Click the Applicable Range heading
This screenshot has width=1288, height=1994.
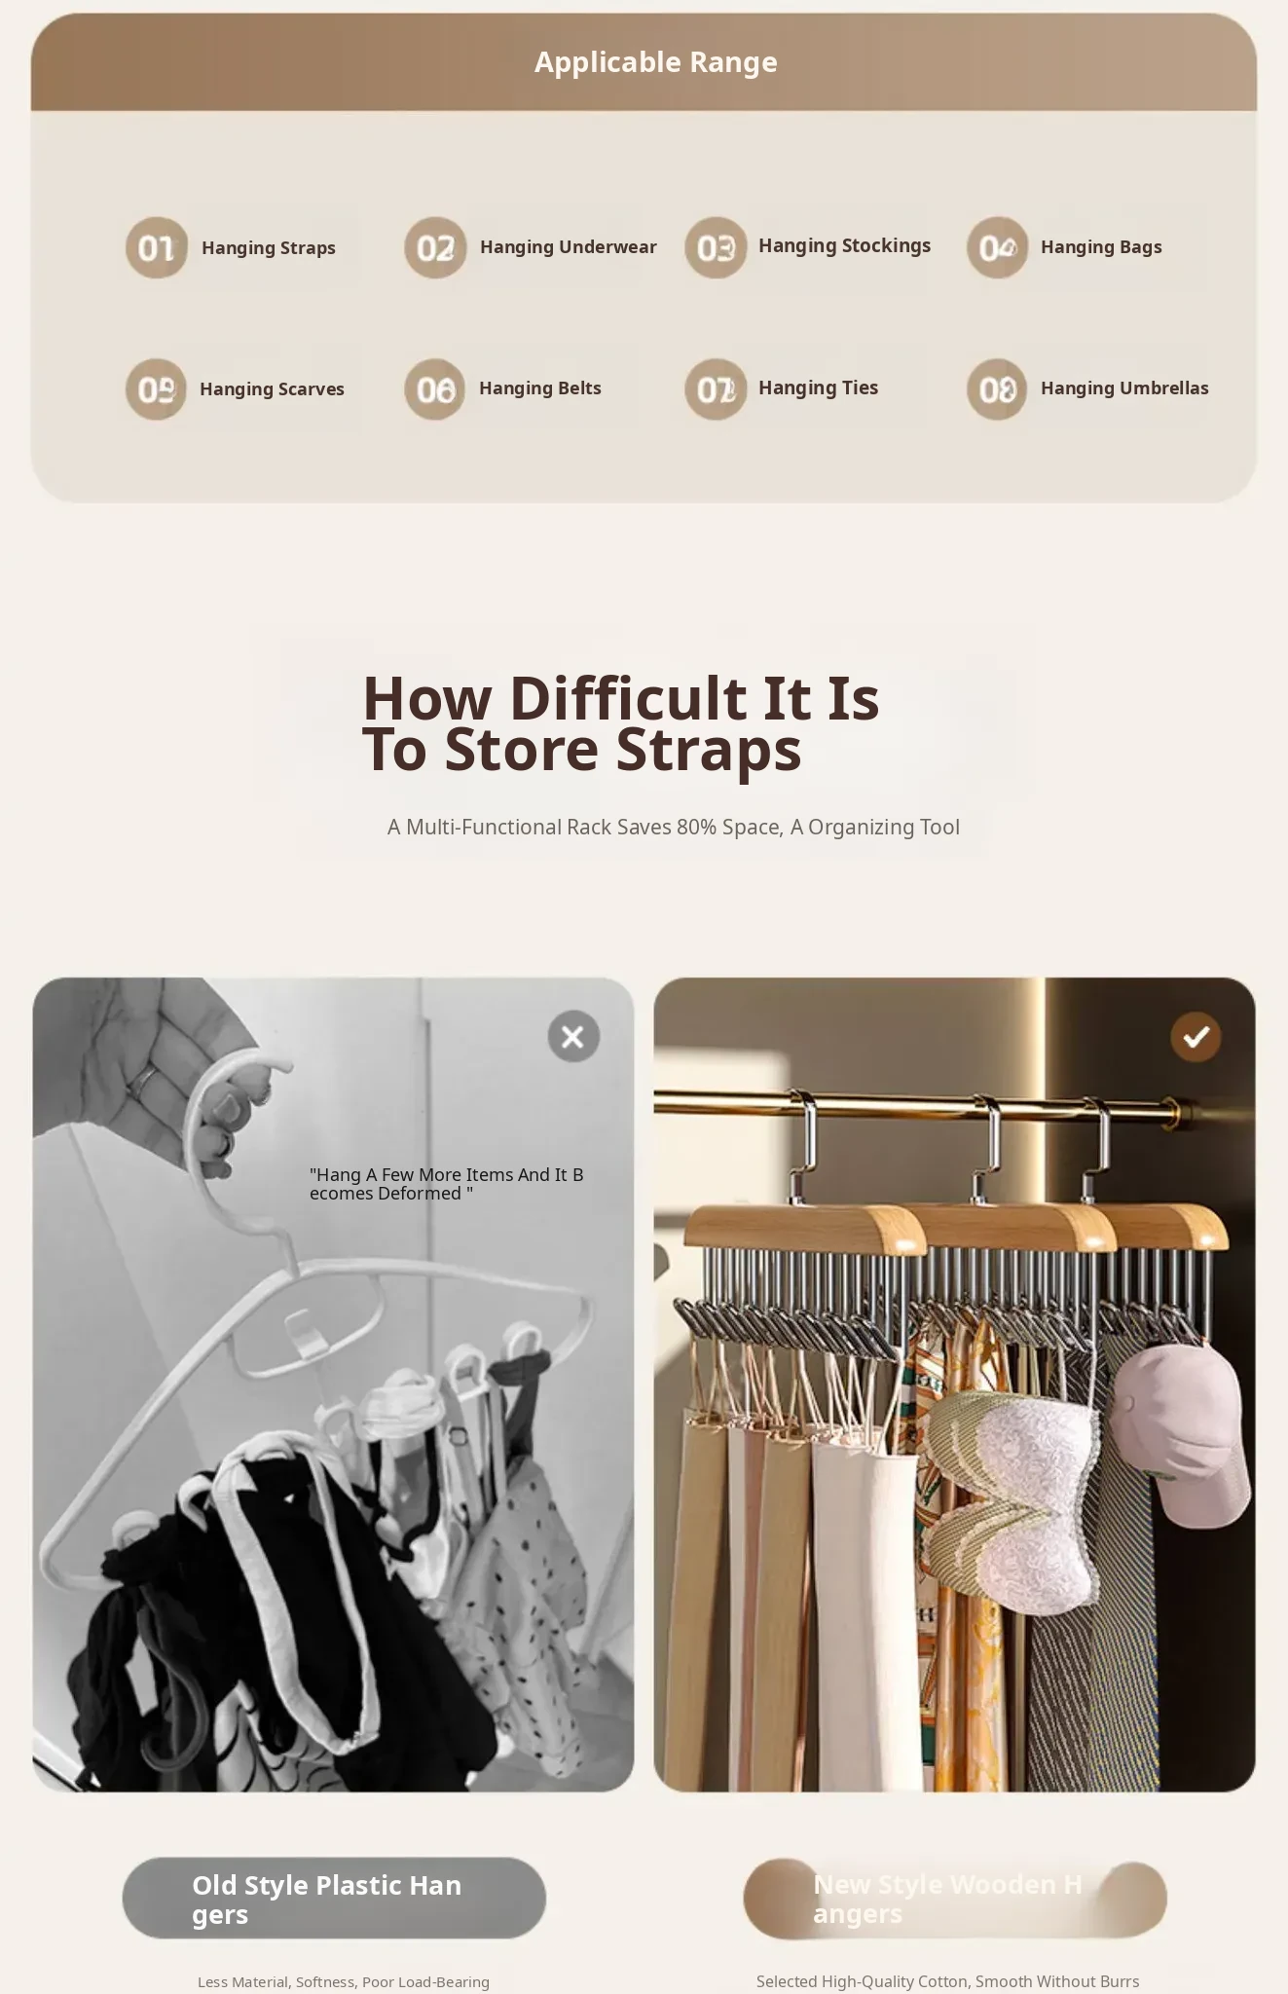tap(655, 62)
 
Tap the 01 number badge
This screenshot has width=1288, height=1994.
tap(157, 247)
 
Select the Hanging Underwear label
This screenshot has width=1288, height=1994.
tap(568, 247)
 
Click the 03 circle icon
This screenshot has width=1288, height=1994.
tap(716, 247)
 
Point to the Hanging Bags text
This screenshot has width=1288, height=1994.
tap(1101, 247)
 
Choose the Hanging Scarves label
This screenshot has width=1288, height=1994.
tap(272, 389)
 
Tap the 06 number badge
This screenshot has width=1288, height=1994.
tap(435, 389)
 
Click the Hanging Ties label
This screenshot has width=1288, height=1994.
tap(818, 388)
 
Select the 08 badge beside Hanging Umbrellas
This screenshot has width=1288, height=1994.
tap(997, 389)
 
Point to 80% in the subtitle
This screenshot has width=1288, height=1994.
tap(696, 827)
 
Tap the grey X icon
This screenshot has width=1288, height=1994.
tap(573, 1036)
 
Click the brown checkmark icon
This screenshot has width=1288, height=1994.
tap(1196, 1036)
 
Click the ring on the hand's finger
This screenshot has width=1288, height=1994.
tap(145, 1082)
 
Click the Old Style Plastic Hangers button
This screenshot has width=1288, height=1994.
tap(334, 1898)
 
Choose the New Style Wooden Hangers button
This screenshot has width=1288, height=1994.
tap(955, 1899)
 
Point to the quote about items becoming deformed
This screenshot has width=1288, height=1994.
tap(447, 1184)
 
